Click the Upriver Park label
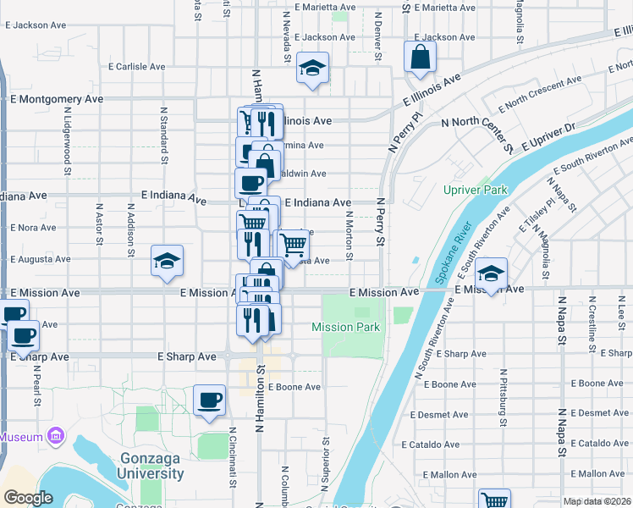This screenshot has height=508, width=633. (x=476, y=190)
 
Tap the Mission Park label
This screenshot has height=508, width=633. (x=345, y=327)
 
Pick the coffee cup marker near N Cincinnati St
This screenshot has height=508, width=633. (x=209, y=401)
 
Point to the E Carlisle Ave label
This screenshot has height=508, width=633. (x=140, y=66)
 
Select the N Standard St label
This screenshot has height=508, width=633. (x=162, y=134)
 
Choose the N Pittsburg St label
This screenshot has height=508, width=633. (x=503, y=397)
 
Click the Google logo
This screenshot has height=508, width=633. (x=28, y=499)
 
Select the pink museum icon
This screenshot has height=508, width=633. (x=56, y=437)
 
